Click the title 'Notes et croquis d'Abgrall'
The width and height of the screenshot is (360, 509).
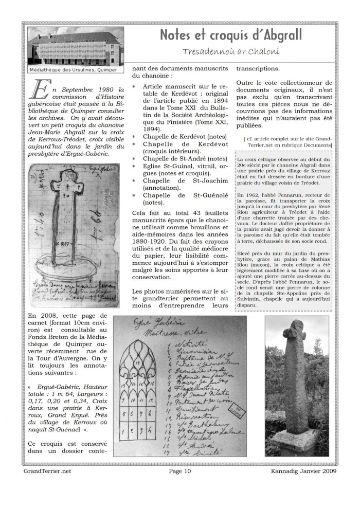pos(230,35)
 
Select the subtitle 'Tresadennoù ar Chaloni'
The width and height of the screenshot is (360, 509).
pos(230,52)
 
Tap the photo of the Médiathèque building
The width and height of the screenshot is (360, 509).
pos(75,46)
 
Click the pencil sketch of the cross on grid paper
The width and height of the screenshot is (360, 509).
pos(74,235)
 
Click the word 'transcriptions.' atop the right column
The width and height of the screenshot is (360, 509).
pos(258,68)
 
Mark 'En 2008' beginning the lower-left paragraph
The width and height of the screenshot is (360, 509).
pos(40,316)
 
